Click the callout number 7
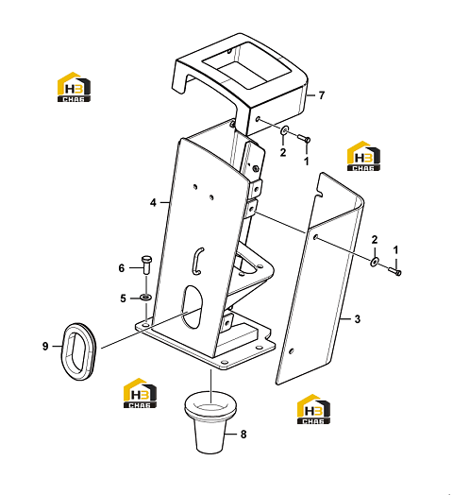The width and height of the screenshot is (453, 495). click(322, 95)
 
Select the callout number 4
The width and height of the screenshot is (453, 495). click(153, 203)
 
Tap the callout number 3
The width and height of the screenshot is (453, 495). click(357, 319)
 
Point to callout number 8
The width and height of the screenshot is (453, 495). click(243, 435)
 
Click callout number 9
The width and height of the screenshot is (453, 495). click(45, 347)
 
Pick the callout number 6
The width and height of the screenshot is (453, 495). click(122, 268)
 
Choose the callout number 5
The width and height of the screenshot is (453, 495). click(123, 299)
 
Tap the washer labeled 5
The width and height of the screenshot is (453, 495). click(145, 297)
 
